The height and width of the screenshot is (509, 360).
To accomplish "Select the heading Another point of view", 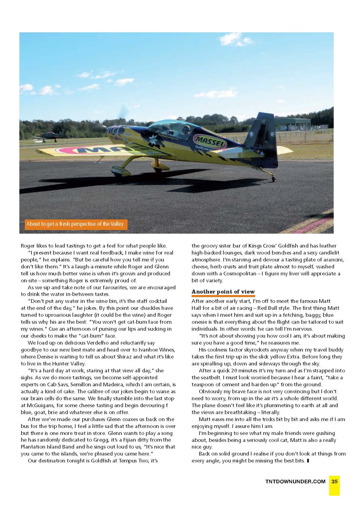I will (223, 292).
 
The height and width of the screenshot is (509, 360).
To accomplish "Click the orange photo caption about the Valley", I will (75, 224).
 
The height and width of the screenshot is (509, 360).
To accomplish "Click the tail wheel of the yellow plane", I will (274, 179).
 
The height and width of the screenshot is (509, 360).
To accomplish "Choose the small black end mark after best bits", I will (308, 461).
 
